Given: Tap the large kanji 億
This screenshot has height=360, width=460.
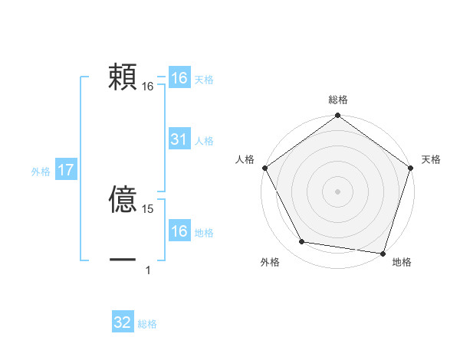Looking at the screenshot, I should coord(123,201).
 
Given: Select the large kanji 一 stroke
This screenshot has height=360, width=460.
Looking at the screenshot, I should coord(123,260).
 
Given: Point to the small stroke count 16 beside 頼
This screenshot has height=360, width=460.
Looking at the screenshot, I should coord(148,87).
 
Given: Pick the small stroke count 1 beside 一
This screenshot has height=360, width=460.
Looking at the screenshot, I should coord(148,270).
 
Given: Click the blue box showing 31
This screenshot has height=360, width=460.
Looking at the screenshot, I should coord(179,139).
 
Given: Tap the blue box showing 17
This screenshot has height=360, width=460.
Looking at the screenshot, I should coord(65,171).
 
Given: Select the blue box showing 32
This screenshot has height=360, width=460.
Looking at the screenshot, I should coord(123,322).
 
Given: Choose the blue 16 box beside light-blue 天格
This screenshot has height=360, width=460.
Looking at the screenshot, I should coord(179,78).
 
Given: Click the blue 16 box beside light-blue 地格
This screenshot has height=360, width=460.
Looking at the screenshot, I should coord(179,231).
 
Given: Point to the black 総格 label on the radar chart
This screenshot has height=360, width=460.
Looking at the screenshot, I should coord(338,100).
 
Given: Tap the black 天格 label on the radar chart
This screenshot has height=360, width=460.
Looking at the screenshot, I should coord(432,159).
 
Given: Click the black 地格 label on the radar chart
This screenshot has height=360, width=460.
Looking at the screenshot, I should coord(402,263).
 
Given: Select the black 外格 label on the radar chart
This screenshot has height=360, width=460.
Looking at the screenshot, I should coord(270,263).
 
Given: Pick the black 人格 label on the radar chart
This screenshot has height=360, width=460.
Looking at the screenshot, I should coord(245,159).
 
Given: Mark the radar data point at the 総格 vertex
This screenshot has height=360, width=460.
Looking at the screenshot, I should coord(338,117).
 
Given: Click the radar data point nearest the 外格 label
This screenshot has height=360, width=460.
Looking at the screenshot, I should coord(302,242).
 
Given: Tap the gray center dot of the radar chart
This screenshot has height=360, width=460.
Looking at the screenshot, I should coord(338,191).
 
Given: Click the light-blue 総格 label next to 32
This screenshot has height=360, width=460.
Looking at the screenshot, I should coord(147,324).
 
